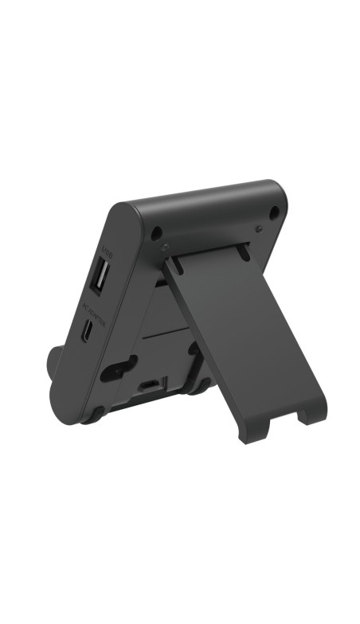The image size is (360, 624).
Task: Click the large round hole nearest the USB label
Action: (157, 234)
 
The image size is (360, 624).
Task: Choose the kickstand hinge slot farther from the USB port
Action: (240, 249)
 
